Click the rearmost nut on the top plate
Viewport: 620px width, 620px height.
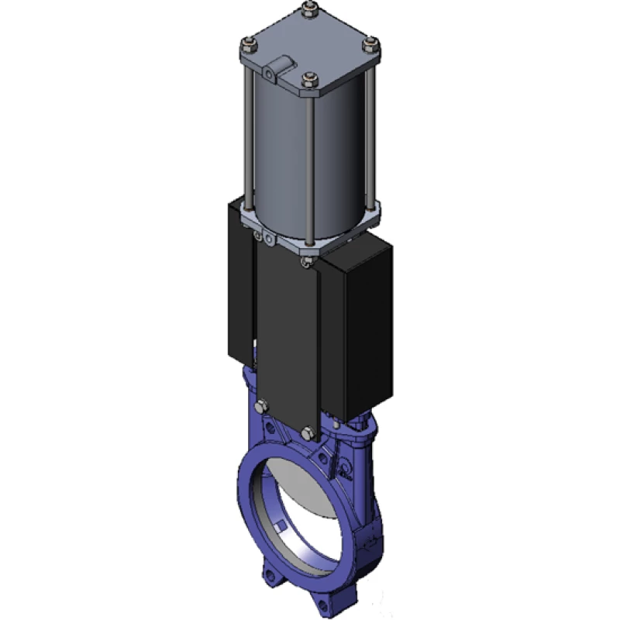pyautogui.click(x=310, y=12)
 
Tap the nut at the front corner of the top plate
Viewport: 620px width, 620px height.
pyautogui.click(x=310, y=77)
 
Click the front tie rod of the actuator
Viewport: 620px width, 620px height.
pyautogui.click(x=310, y=170)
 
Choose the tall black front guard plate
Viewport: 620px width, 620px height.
pyautogui.click(x=287, y=333)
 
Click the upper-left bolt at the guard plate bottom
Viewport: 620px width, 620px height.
pyautogui.click(x=261, y=405)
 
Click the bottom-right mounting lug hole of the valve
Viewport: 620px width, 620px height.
pyautogui.click(x=319, y=601)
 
